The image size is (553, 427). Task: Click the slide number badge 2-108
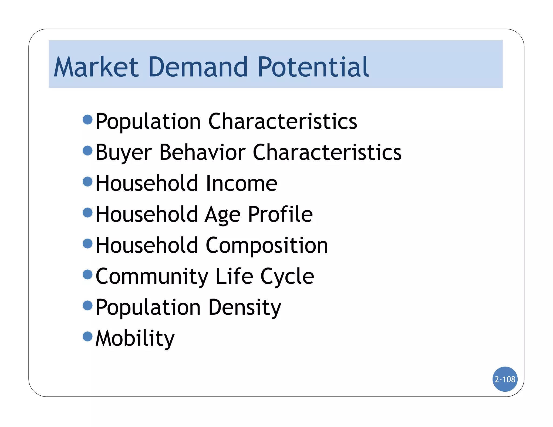click(505, 379)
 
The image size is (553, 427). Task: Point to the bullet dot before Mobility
click(87, 336)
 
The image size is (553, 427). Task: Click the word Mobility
click(135, 338)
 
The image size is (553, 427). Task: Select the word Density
click(245, 307)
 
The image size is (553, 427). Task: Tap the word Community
click(152, 276)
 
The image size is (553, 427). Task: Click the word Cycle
click(287, 276)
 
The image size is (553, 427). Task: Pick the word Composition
click(267, 245)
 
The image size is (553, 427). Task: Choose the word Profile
click(280, 214)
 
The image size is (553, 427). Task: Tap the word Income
click(241, 183)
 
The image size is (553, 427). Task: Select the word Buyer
click(124, 153)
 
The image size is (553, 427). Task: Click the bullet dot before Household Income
click(87, 181)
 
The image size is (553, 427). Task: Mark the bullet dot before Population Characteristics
click(87, 119)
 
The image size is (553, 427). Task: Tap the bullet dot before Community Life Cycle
click(87, 274)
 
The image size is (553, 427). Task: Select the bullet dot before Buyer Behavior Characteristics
click(87, 150)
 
